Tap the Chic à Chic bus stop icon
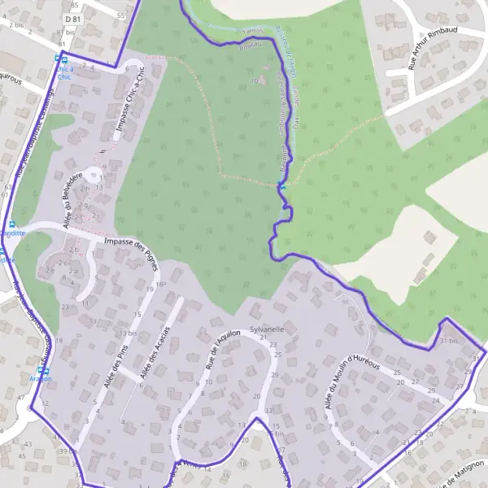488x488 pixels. point(57,59)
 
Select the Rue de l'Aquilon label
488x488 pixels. point(224,351)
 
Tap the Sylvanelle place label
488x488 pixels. point(266,329)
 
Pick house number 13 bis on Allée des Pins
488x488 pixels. point(127,333)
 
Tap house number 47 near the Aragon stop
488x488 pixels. point(21,397)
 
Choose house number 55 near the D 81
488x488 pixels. point(120,15)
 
